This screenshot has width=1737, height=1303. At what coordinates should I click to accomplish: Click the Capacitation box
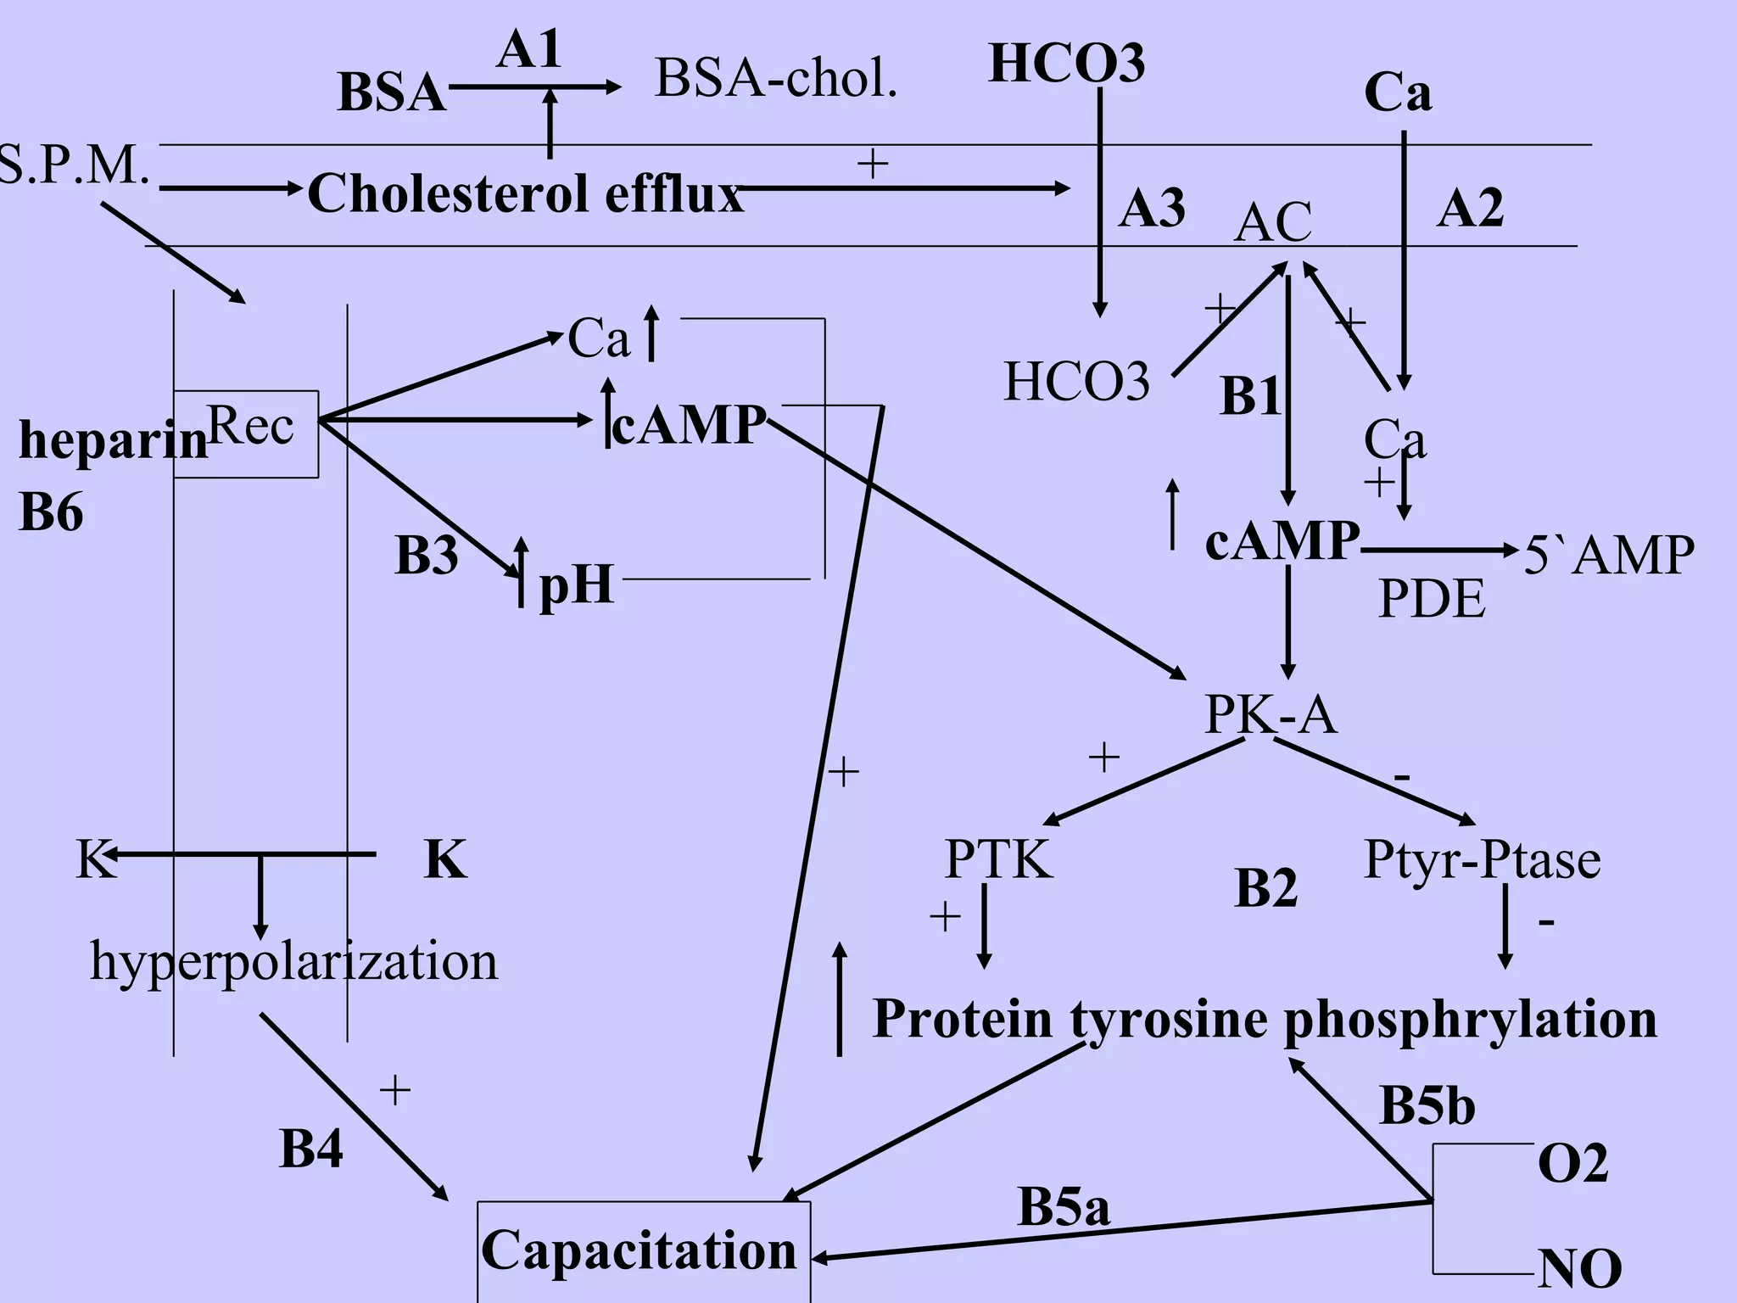coord(643,1250)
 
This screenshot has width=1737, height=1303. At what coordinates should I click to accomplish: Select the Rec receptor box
coord(247,433)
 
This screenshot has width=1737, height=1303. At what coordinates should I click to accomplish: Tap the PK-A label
coord(1270,715)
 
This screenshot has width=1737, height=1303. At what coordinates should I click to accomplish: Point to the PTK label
coord(998,859)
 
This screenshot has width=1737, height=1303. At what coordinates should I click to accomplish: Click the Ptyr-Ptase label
coord(1481,859)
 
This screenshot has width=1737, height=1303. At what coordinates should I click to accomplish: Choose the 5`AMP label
coord(1608,556)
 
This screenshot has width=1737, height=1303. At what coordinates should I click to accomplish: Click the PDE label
coord(1431,599)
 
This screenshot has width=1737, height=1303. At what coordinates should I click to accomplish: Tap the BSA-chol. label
coord(775,78)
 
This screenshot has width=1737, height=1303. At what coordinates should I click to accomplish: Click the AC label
coord(1272,222)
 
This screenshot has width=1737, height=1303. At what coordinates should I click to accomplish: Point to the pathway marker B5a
coord(1063,1206)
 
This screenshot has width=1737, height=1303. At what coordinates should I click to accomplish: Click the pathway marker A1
coord(528,49)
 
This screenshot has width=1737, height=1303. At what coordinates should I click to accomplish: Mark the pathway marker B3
coord(426,556)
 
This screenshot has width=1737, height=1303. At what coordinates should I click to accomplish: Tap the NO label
coord(1579,1269)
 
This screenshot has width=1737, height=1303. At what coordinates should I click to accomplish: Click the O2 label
coord(1572,1163)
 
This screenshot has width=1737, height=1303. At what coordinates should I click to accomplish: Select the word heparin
coord(113,441)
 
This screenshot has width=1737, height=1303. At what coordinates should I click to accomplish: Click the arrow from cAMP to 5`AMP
coord(1438,551)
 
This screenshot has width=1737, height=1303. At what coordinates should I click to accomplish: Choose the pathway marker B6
coord(51,512)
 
